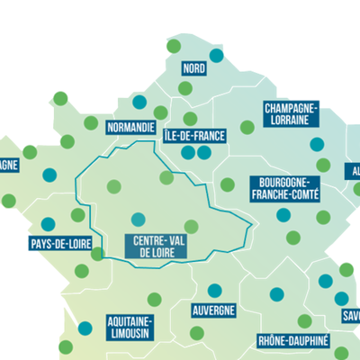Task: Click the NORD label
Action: pos(193,68)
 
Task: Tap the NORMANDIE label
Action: pos(131,127)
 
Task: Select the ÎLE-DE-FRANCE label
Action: pos(195,136)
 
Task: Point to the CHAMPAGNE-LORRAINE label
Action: pos(292,112)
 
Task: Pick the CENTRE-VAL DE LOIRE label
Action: pos(159,247)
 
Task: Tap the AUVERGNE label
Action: pos(214,310)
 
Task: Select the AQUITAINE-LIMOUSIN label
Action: pos(130,327)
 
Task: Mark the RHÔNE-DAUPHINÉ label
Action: pos(293,341)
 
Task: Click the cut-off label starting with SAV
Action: pos(350,316)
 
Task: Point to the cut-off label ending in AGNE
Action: pos(9,165)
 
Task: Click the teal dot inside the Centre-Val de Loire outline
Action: pos(138,219)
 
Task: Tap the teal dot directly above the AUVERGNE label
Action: pos(214,291)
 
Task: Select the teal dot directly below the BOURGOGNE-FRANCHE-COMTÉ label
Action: pos(283,215)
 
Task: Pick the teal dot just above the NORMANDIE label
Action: pos(139,102)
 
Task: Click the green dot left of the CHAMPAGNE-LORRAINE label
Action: pos(247,127)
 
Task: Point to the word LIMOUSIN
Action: pos(130,333)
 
